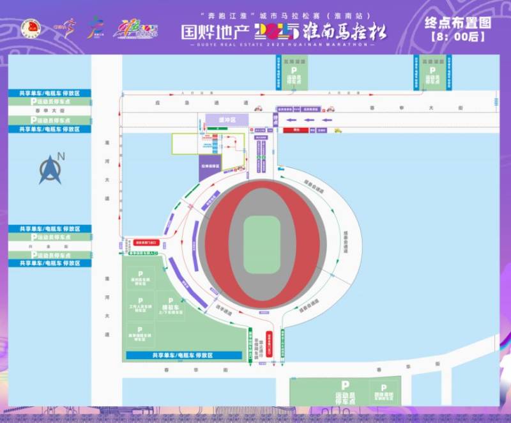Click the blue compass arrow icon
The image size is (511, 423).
(x=50, y=170)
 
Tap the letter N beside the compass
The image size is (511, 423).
(x=61, y=155)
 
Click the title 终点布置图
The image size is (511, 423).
(x=458, y=24)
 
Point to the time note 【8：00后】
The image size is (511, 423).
(x=458, y=37)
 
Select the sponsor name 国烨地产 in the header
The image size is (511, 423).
(x=215, y=31)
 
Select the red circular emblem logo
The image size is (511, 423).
(x=31, y=27)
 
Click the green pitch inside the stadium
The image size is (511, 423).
(x=262, y=245)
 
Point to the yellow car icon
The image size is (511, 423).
(x=338, y=130)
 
